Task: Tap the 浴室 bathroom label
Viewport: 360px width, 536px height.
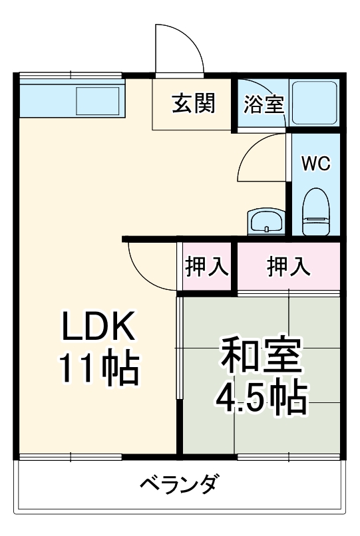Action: pos(264,104)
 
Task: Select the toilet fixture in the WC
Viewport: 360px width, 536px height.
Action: pos(315,211)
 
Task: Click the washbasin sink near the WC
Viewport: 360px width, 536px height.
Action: pos(266,221)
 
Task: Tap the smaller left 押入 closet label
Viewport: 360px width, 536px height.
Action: pos(207,266)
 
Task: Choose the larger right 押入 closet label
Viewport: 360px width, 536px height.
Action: pos(288,266)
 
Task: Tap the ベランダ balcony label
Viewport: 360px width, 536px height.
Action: pos(178,484)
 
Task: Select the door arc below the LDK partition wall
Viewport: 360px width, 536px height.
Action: pos(146,265)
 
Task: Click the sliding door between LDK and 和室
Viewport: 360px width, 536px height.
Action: pos(180,349)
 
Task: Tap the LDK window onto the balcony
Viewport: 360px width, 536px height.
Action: pos(70,457)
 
